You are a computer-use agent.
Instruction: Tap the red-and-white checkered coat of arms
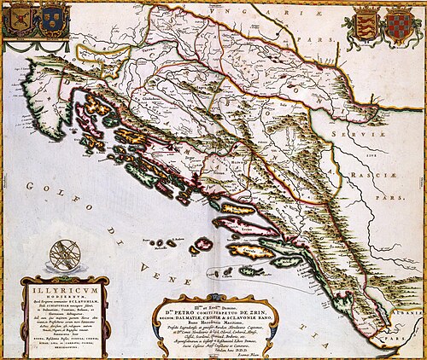click(398, 23)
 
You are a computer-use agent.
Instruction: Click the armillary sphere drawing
click(61, 254)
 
